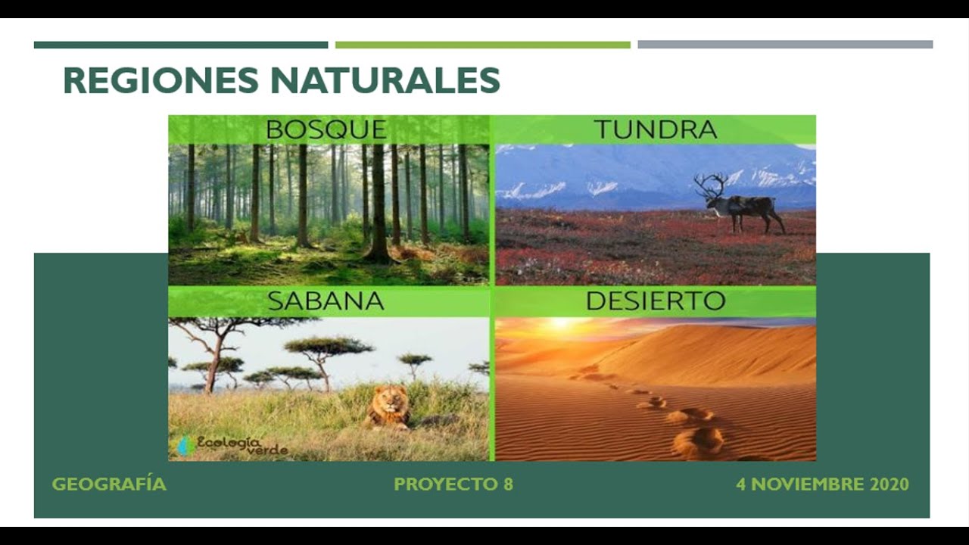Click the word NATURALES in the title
tap(384, 81)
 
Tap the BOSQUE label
tap(326, 129)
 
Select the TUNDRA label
tap(655, 129)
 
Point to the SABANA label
tap(326, 301)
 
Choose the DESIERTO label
tap(655, 301)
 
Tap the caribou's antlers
tap(712, 185)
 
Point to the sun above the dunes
tap(561, 323)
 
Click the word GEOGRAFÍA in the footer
tap(109, 484)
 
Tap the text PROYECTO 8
tap(453, 484)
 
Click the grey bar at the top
tap(784, 45)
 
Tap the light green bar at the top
tap(482, 45)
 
